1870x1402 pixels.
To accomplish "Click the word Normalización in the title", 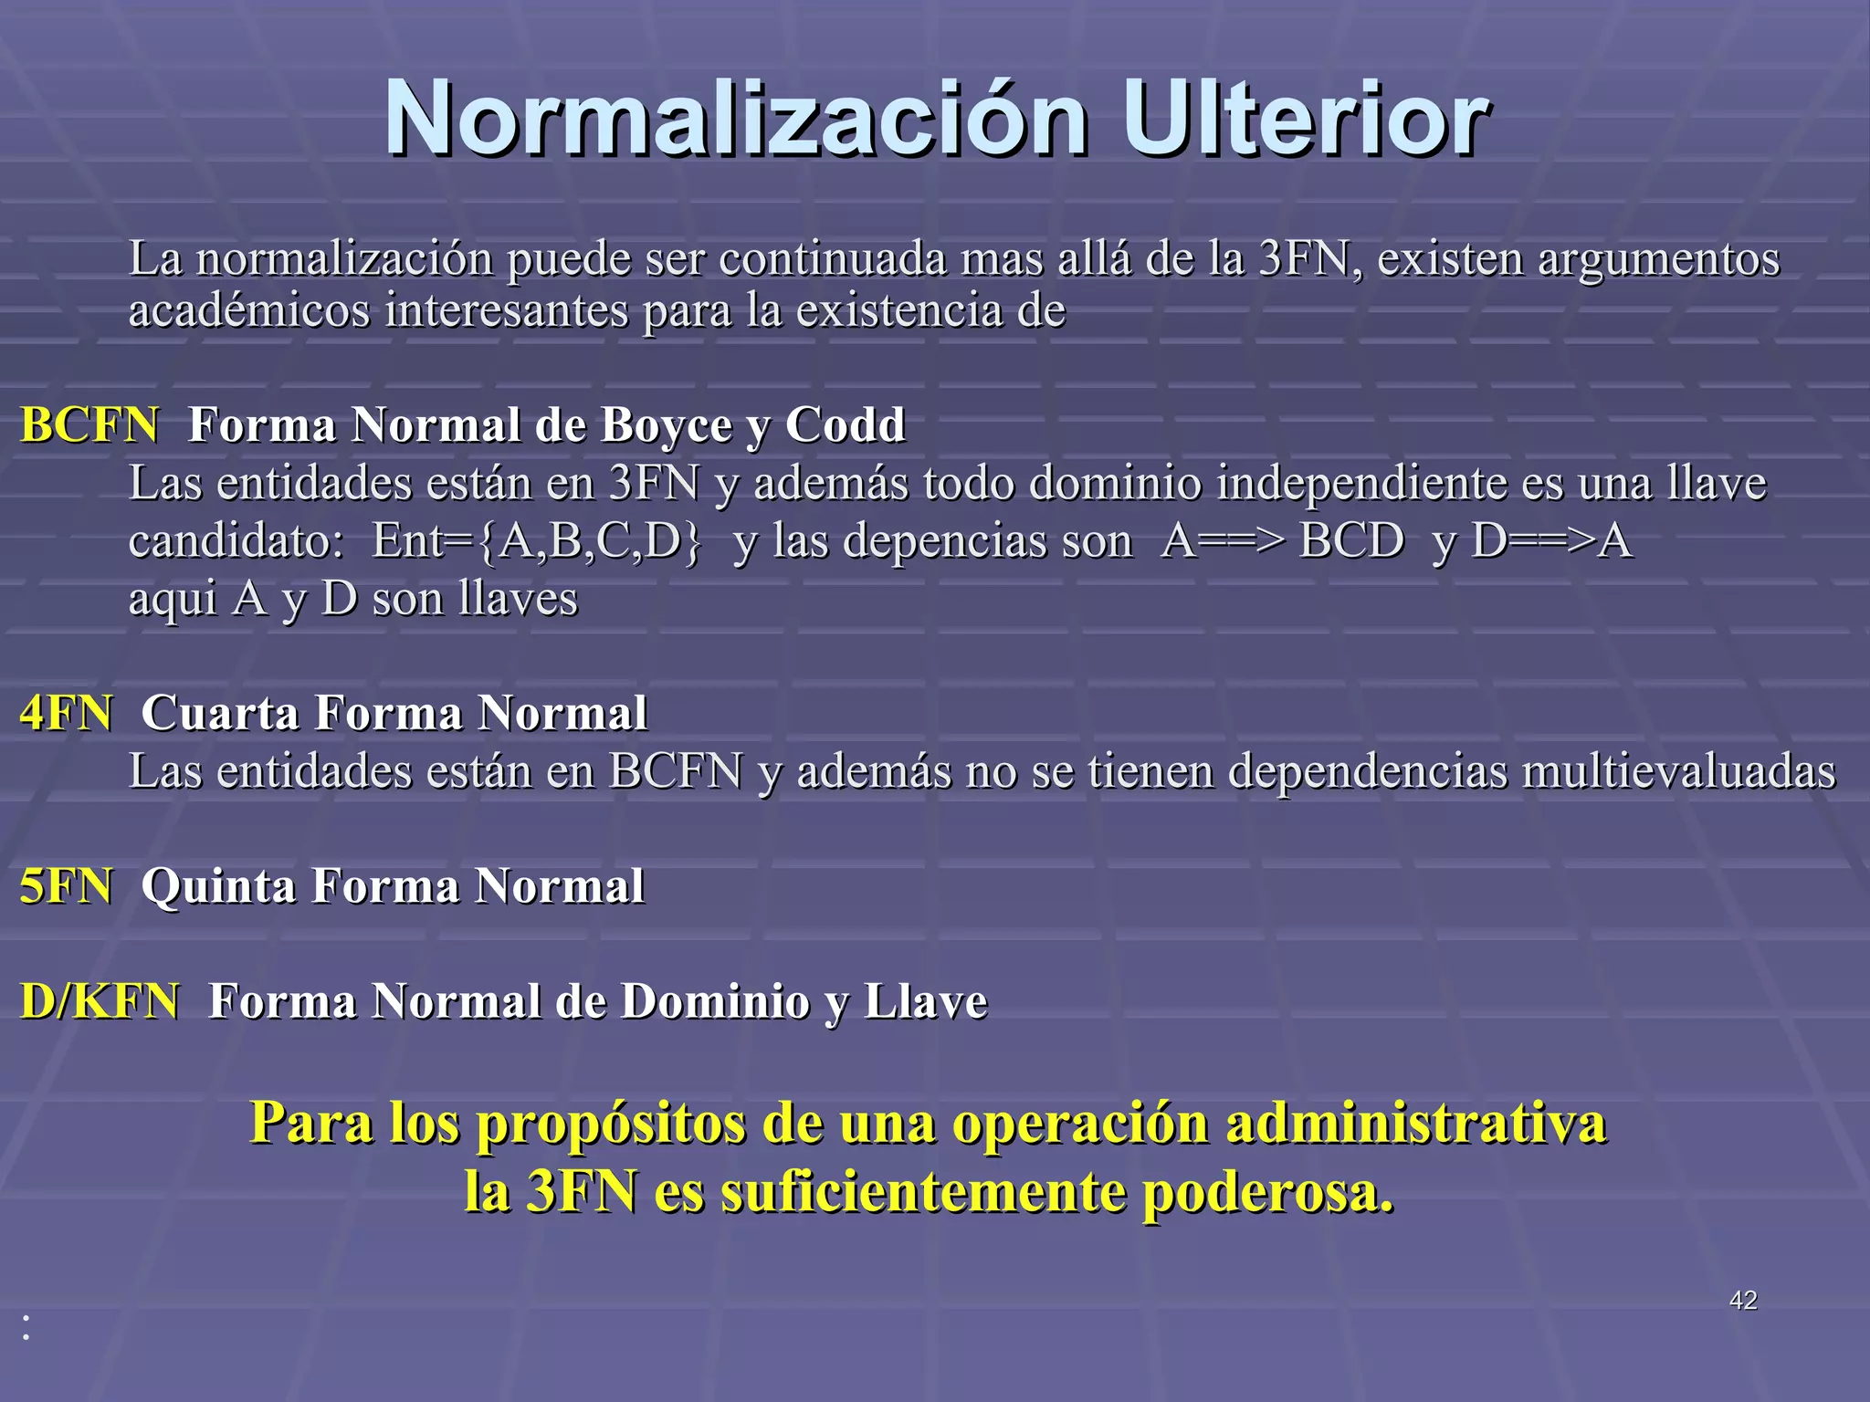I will pos(736,120).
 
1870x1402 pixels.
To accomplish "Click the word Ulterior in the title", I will pos(1306,120).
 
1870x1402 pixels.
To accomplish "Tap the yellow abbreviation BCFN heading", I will pos(89,425).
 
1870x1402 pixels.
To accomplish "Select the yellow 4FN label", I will pos(67,713).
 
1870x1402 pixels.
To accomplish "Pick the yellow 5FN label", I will pos(67,886).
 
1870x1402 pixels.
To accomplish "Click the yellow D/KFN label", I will pos(100,1001).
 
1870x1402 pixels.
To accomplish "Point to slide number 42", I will pos(1742,1300).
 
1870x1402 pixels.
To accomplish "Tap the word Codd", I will pos(845,425).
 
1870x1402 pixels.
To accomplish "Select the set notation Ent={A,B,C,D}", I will pos(538,541).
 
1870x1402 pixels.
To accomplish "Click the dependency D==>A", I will pos(1551,541).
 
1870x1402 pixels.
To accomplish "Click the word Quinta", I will pos(218,886).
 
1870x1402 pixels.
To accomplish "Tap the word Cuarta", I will pos(220,713).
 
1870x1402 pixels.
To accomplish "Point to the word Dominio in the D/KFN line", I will pos(715,1001).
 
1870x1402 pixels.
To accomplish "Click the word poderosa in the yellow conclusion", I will pos(1268,1192).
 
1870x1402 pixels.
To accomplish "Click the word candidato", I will pos(235,541).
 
